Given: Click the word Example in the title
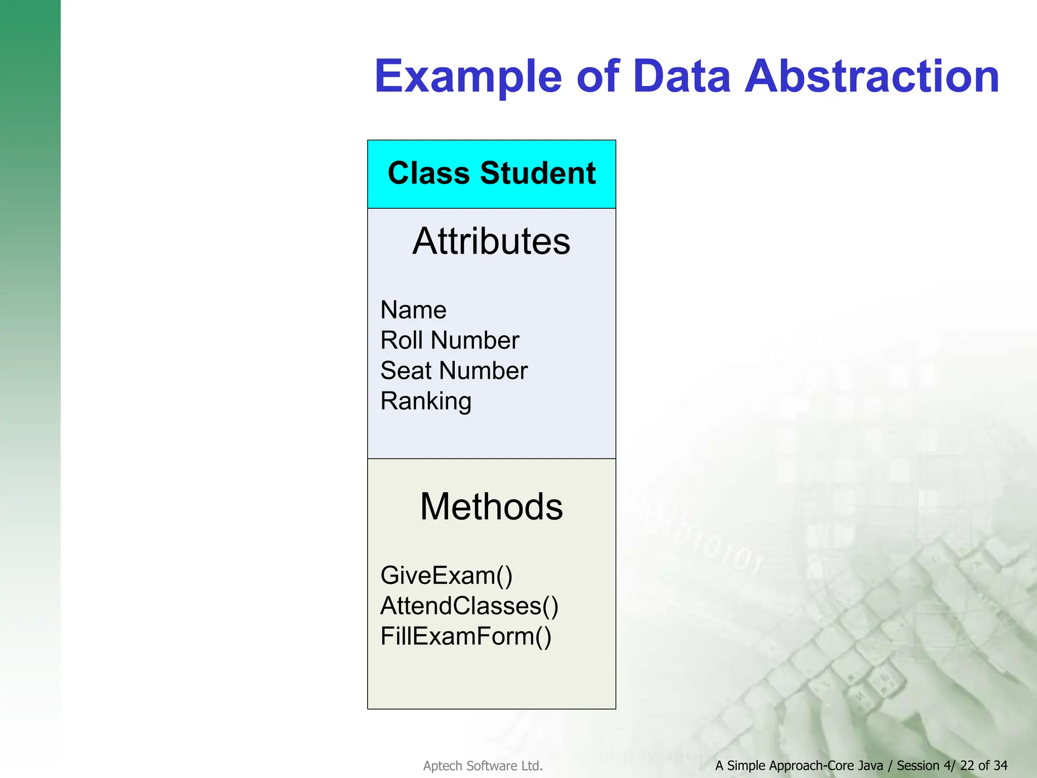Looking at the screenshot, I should click(x=468, y=77).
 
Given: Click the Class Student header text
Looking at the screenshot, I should click(x=491, y=173).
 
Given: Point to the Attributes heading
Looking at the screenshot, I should click(x=491, y=241).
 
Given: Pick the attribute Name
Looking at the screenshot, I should click(x=413, y=310).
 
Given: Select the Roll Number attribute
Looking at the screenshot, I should click(x=450, y=340).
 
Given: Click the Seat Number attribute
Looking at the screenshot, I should click(x=454, y=371).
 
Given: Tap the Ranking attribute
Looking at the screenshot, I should click(x=426, y=402).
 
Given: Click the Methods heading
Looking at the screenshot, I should click(x=491, y=507).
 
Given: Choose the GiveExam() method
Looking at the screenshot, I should click(x=446, y=576).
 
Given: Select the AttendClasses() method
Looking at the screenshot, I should click(x=469, y=606).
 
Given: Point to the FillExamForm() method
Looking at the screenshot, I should click(x=465, y=637).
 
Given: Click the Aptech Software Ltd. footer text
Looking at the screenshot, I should click(x=483, y=766).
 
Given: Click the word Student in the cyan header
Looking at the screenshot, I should click(x=538, y=173).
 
